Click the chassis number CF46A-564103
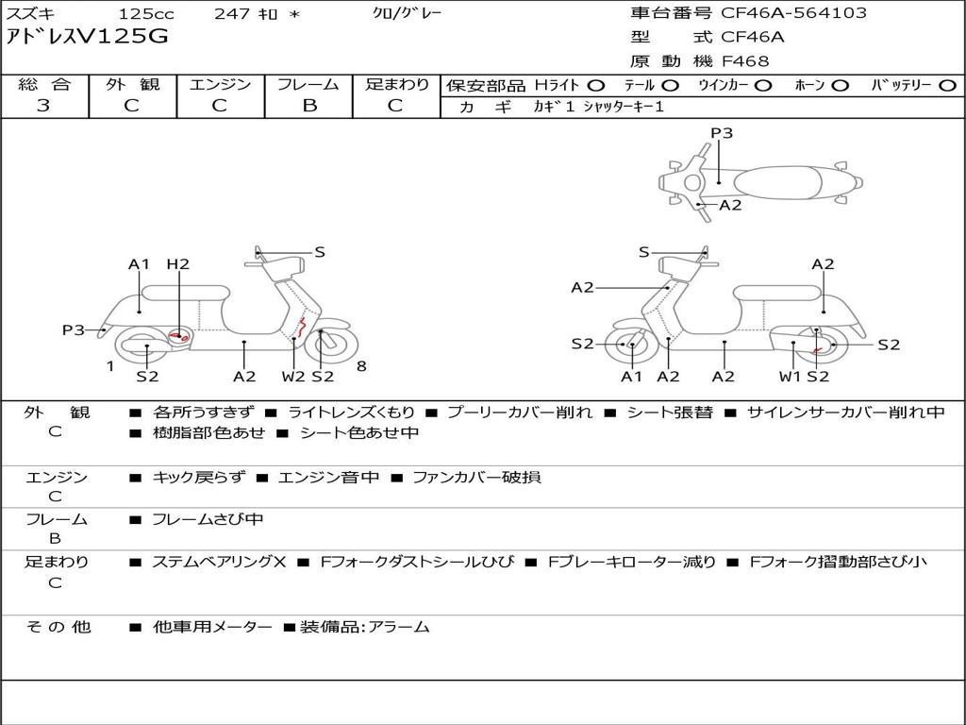pyautogui.click(x=793, y=12)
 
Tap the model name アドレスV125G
pyautogui.click(x=87, y=37)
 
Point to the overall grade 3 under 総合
pyautogui.click(x=43, y=106)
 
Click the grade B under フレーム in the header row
pyautogui.click(x=309, y=106)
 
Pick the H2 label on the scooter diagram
pyautogui.click(x=178, y=264)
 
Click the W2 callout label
pyautogui.click(x=293, y=376)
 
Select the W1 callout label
pyautogui.click(x=790, y=376)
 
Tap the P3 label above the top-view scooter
pyautogui.click(x=722, y=132)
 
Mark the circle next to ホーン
pyautogui.click(x=840, y=86)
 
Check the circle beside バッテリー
pyautogui.click(x=947, y=86)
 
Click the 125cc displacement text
pyautogui.click(x=146, y=13)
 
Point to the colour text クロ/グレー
pyautogui.click(x=408, y=13)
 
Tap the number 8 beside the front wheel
pyautogui.click(x=361, y=366)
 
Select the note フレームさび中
pyautogui.click(x=208, y=519)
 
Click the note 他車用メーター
pyautogui.click(x=212, y=627)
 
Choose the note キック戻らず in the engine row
pyautogui.click(x=199, y=477)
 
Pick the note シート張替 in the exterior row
pyautogui.click(x=670, y=413)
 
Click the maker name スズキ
pyautogui.click(x=30, y=13)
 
